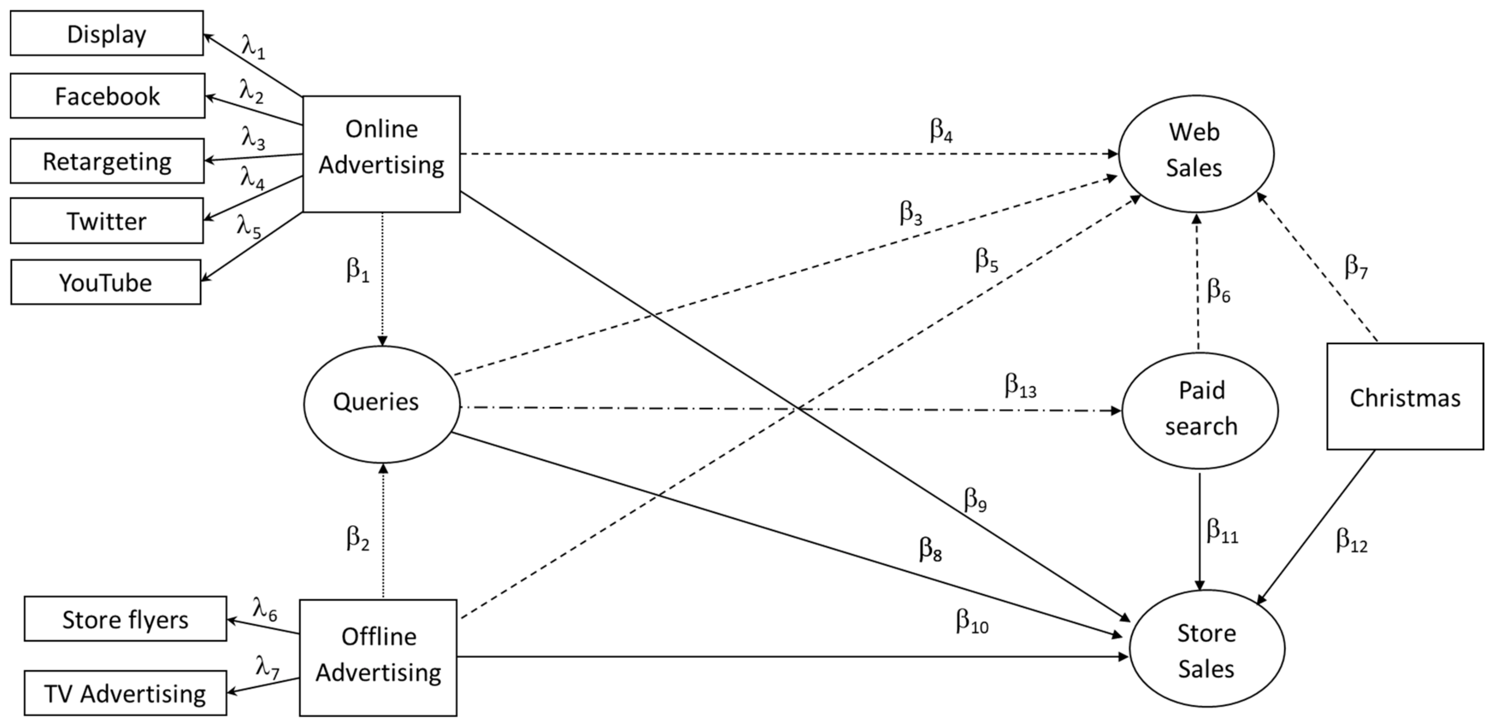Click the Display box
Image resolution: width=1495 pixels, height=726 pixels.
107,34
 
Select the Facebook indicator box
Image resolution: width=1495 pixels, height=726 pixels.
107,96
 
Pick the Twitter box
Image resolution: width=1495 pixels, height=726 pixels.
106,221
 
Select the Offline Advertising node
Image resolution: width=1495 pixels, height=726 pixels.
378,656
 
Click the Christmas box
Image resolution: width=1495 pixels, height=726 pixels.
1404,397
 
